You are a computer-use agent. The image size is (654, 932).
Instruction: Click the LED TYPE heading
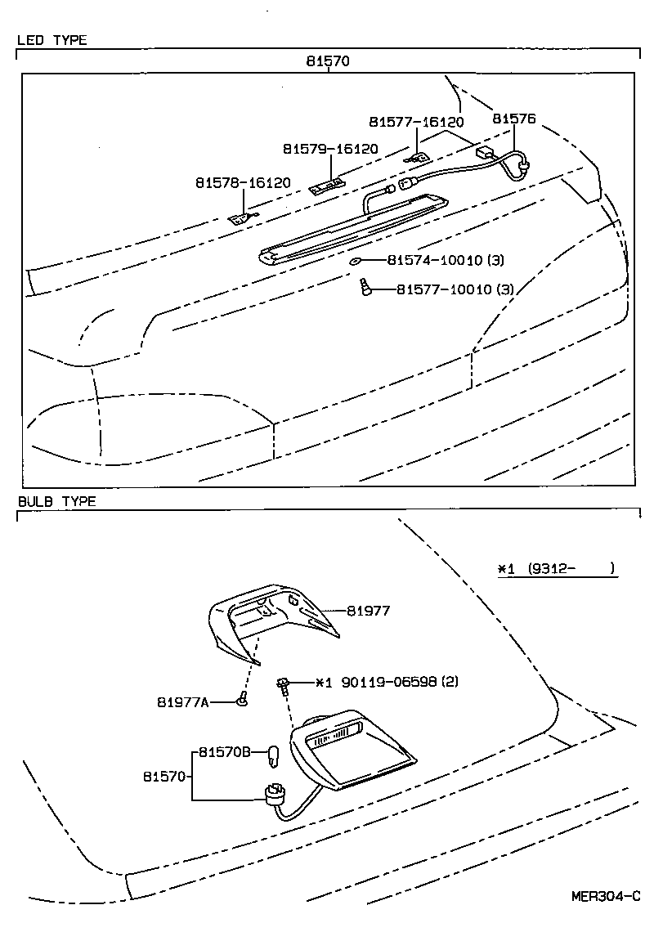coord(52,40)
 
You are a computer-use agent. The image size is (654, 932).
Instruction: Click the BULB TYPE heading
coord(56,501)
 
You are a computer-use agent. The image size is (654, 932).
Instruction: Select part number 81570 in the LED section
coord(329,61)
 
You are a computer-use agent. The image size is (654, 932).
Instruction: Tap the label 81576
coord(513,119)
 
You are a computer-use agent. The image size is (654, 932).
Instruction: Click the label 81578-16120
coord(243,182)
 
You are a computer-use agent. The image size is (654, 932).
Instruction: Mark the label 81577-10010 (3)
coord(455,289)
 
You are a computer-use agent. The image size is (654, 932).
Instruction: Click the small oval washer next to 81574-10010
coord(356,262)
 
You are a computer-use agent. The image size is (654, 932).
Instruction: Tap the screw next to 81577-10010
coord(365,286)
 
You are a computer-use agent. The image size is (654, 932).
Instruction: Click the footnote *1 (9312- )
coord(556,569)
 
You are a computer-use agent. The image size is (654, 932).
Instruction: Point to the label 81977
coord(368,610)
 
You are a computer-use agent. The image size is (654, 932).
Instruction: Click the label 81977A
coord(183,701)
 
